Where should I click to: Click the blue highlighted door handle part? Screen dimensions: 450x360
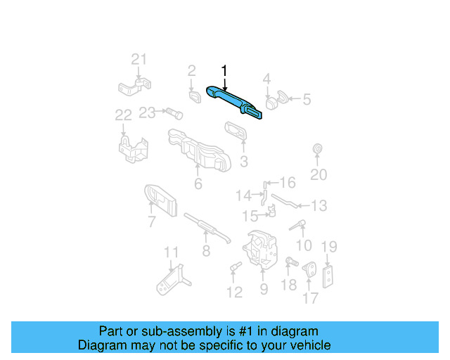click(233, 101)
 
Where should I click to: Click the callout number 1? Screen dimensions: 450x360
click(224, 71)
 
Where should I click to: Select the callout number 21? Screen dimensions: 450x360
click(139, 60)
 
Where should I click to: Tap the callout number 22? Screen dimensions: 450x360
click(124, 115)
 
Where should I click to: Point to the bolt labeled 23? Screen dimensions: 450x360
click(174, 114)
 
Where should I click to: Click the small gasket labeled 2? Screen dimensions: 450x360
click(195, 96)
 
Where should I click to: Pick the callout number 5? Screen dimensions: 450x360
click(307, 99)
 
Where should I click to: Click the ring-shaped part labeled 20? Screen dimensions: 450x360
click(317, 148)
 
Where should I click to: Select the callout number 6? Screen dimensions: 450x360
click(198, 184)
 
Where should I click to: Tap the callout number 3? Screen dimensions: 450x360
click(244, 162)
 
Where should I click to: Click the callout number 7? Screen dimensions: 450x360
click(152, 221)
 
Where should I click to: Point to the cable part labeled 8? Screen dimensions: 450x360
click(207, 227)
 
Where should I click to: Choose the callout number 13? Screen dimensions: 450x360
click(319, 205)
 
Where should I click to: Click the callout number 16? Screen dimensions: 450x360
click(288, 183)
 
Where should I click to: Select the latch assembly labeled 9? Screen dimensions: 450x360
click(260, 250)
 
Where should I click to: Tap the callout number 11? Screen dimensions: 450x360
click(171, 252)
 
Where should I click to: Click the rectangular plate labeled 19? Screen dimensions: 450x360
click(328, 277)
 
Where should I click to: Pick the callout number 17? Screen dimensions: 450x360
click(311, 298)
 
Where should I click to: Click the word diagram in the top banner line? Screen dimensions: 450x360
click(295, 331)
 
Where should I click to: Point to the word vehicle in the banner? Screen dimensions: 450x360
click(310, 345)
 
